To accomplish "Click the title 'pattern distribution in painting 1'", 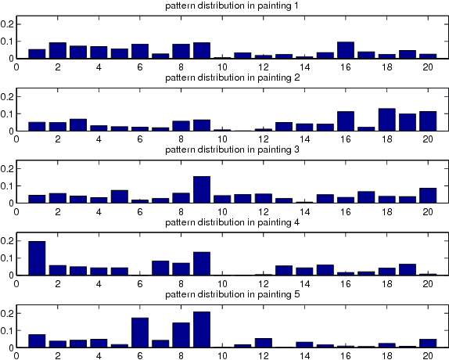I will (230, 6).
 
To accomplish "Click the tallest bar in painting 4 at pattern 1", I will (37, 258).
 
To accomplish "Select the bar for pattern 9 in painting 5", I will (201, 329).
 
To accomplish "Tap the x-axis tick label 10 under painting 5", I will (221, 355).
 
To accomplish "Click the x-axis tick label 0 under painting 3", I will (17, 211).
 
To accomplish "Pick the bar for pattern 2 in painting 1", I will (58, 51).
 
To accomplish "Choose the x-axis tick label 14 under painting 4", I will (304, 283).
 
